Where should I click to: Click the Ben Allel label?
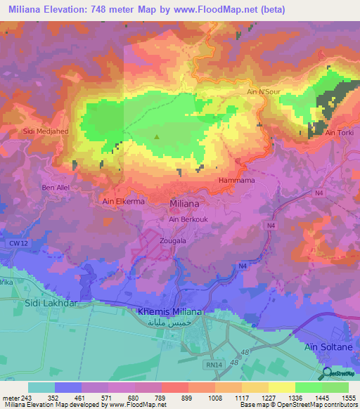point(57,188)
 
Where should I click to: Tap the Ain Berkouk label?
point(188,219)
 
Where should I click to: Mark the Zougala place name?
point(172,240)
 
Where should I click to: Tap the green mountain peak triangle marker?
point(156,137)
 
